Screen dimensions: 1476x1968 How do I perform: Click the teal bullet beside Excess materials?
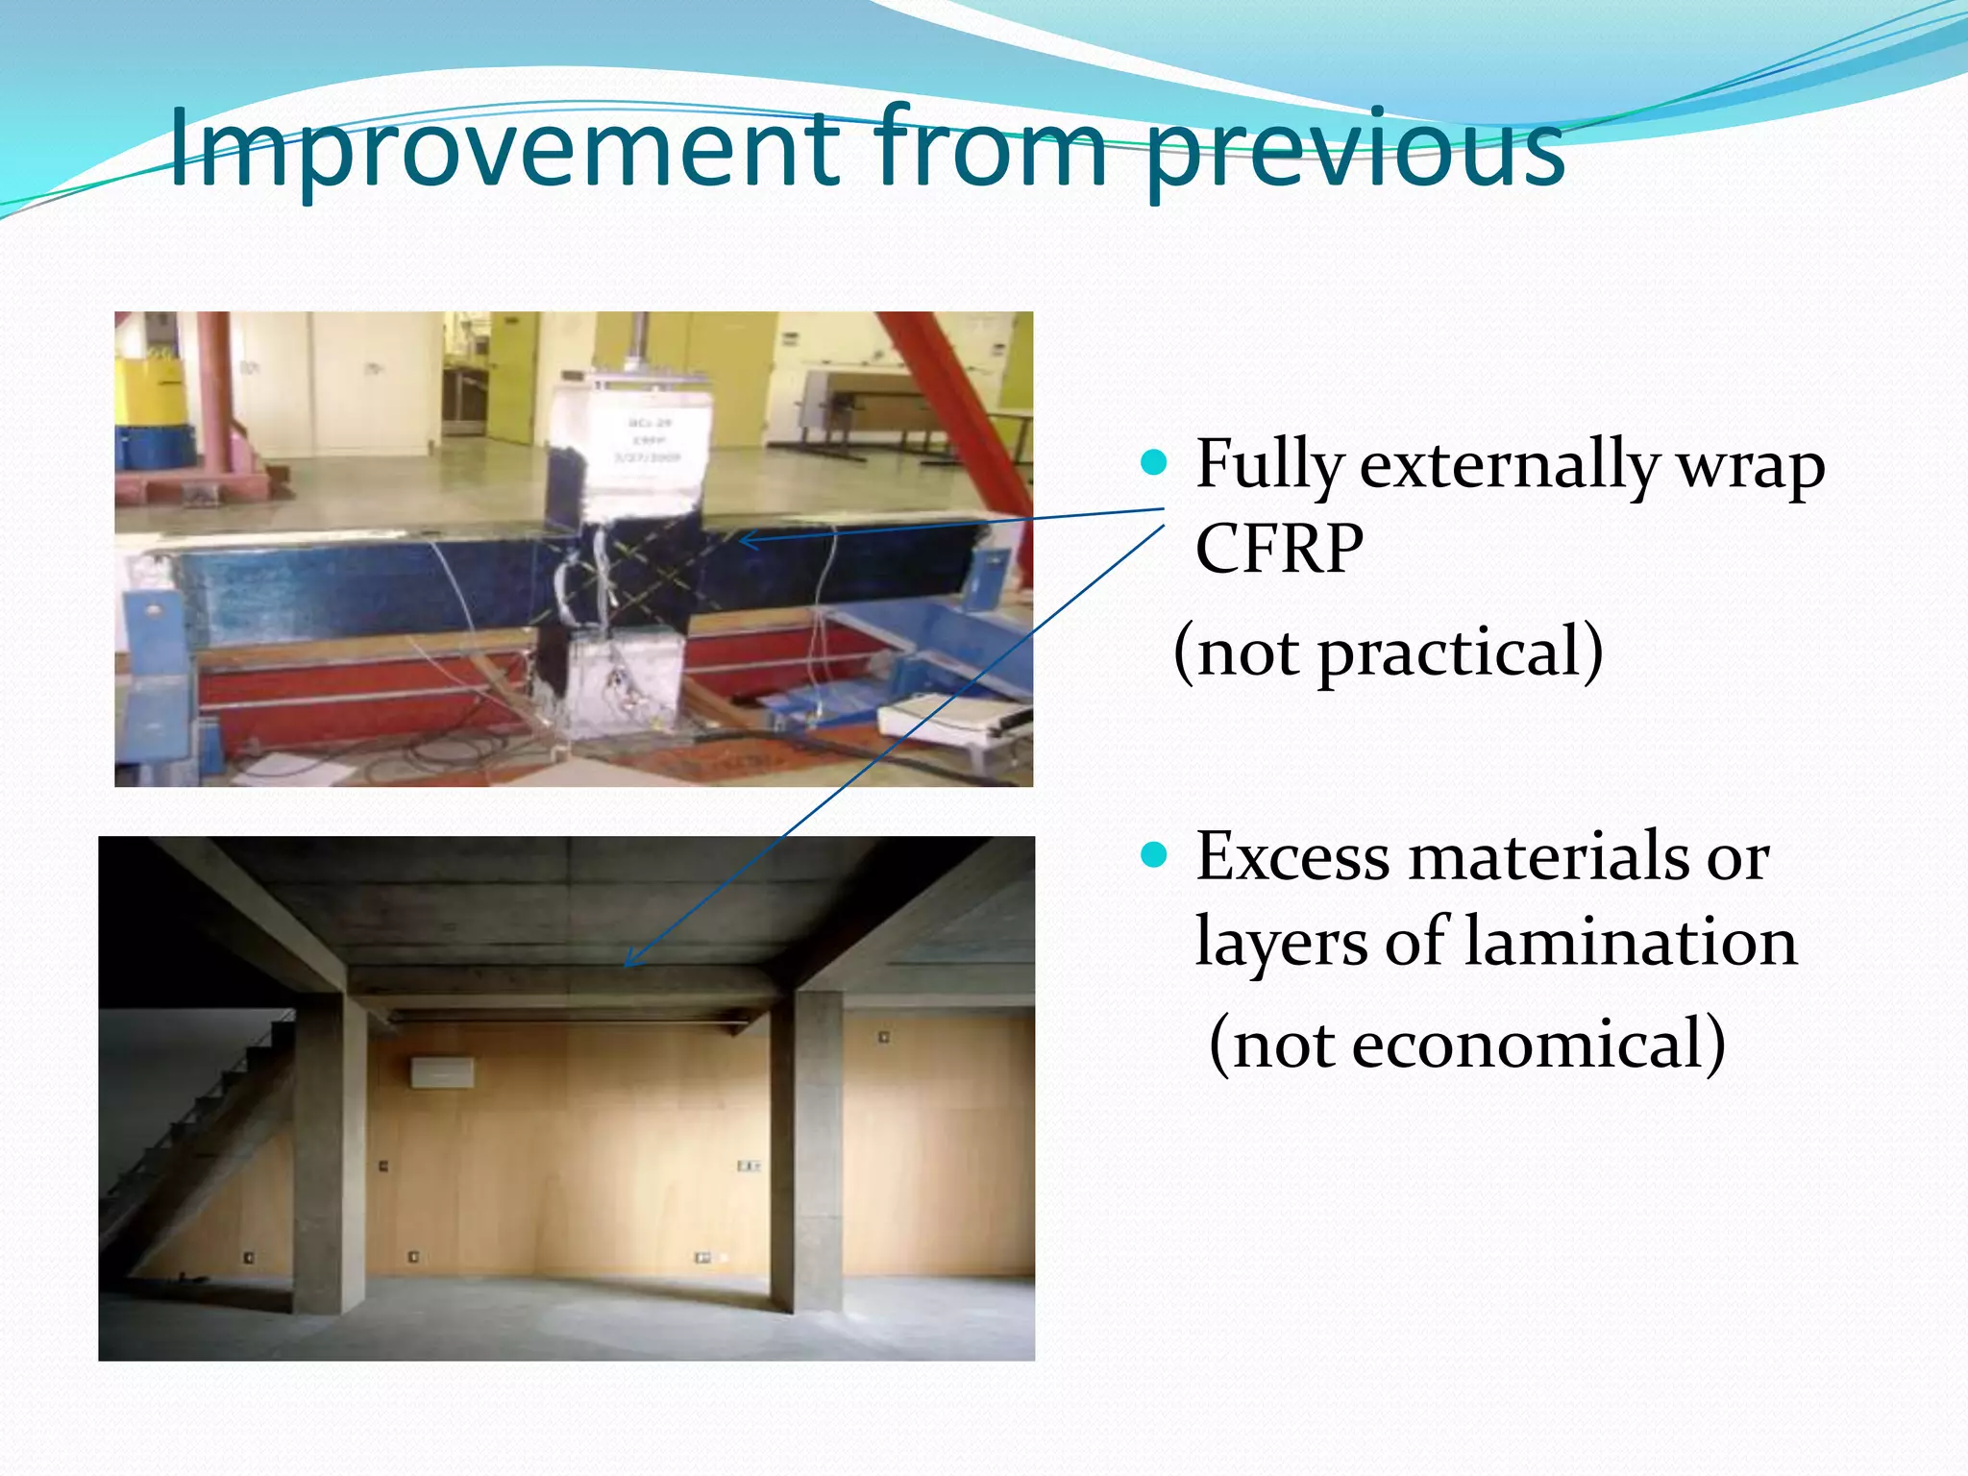(x=1153, y=854)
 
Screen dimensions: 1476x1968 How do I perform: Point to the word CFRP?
(x=1278, y=549)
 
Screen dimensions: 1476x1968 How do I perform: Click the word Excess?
(x=1291, y=856)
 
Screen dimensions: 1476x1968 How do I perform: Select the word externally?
(x=1509, y=466)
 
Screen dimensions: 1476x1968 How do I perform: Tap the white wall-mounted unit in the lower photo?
(x=442, y=1071)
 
